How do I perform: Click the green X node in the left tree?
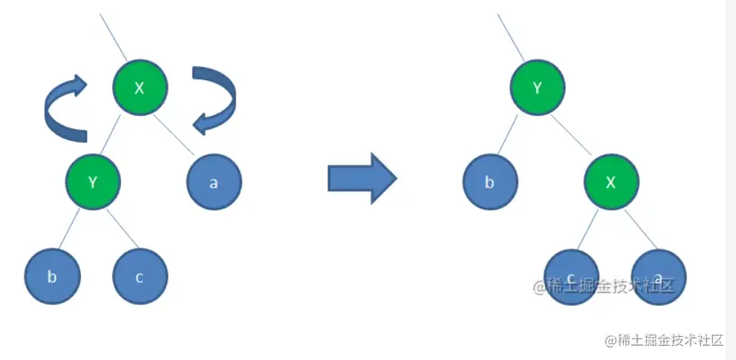click(140, 88)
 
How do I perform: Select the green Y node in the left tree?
click(92, 182)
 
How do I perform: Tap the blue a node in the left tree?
click(213, 182)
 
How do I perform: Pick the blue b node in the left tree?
click(52, 277)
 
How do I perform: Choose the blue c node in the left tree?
click(140, 277)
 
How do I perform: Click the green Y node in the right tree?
click(537, 88)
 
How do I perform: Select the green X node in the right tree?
click(610, 182)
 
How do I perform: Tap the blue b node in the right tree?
click(489, 182)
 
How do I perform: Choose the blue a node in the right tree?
click(659, 277)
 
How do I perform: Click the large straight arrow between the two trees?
click(362, 179)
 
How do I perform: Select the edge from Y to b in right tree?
click(512, 137)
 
